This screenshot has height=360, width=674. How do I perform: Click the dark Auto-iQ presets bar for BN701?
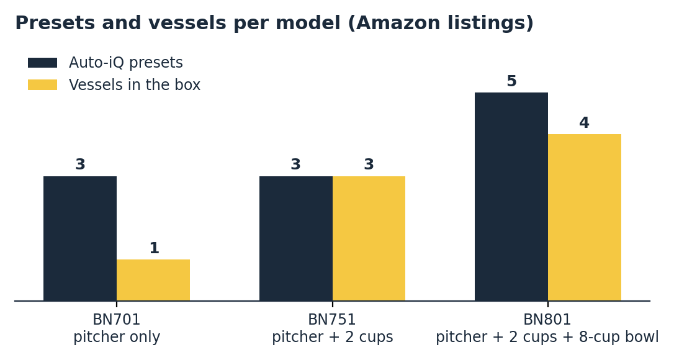click(80, 238)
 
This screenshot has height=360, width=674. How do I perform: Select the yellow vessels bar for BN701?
click(153, 280)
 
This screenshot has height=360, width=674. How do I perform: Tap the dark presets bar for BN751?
click(296, 238)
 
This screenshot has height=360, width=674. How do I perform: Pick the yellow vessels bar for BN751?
click(369, 238)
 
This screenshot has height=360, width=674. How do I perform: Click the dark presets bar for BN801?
click(511, 197)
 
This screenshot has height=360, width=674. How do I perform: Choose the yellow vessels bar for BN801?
click(585, 217)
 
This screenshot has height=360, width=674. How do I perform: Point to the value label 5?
click(511, 81)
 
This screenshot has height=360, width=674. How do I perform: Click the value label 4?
click(584, 122)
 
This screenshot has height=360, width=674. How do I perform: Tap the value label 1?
click(155, 248)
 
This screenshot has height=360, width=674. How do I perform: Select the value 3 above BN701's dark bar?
click(81, 164)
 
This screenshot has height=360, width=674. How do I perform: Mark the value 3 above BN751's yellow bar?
click(369, 164)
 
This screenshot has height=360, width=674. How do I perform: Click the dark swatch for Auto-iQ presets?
click(43, 63)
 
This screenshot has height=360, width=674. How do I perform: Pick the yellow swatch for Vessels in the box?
click(43, 85)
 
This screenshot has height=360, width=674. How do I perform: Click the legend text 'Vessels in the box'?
click(135, 85)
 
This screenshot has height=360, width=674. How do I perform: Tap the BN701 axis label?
click(117, 320)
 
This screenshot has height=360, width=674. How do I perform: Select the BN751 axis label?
click(332, 320)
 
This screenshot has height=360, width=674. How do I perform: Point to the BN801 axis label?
click(547, 320)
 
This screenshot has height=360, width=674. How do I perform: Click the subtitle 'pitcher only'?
click(117, 337)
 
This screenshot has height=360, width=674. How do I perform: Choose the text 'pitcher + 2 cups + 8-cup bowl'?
click(547, 337)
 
